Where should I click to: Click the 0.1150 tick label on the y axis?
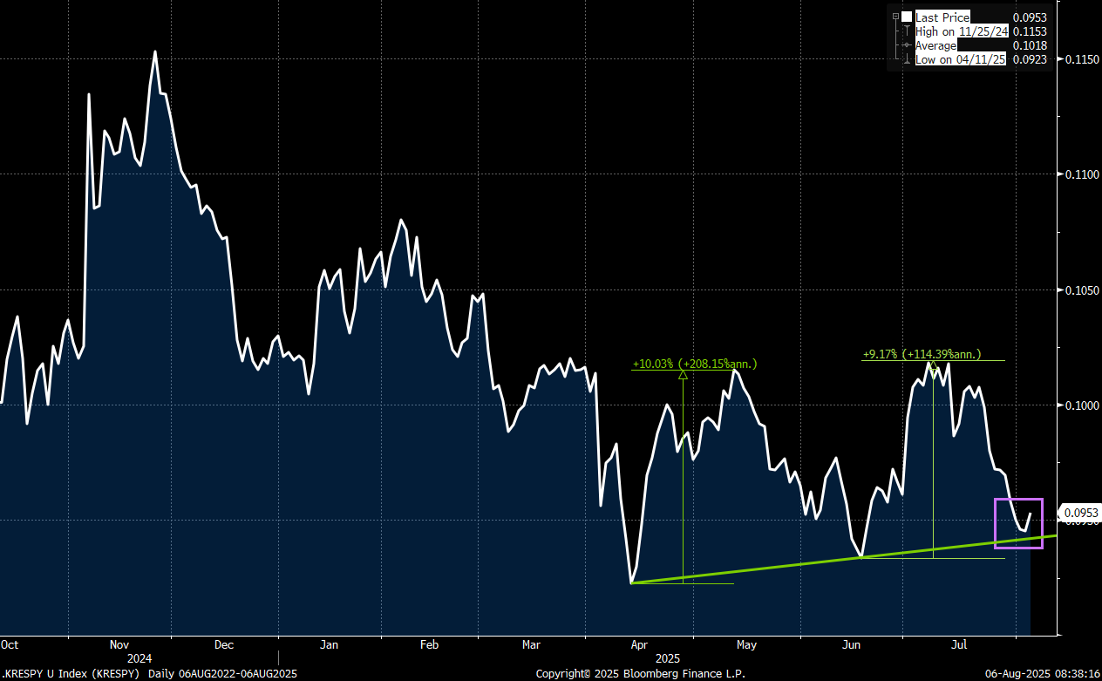1082,59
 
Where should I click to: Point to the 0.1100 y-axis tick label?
1082,174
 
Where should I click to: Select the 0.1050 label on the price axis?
1082,290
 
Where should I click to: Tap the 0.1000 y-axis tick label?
1082,405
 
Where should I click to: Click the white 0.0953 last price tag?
1081,513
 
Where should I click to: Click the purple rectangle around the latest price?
996,523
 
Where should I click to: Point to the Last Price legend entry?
942,17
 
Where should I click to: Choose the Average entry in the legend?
935,45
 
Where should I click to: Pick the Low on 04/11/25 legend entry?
960,59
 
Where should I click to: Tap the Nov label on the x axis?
119,644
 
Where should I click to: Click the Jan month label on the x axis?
329,644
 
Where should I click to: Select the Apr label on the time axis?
639,644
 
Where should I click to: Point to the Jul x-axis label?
959,644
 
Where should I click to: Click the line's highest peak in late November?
155,51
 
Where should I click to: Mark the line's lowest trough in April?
631,582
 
